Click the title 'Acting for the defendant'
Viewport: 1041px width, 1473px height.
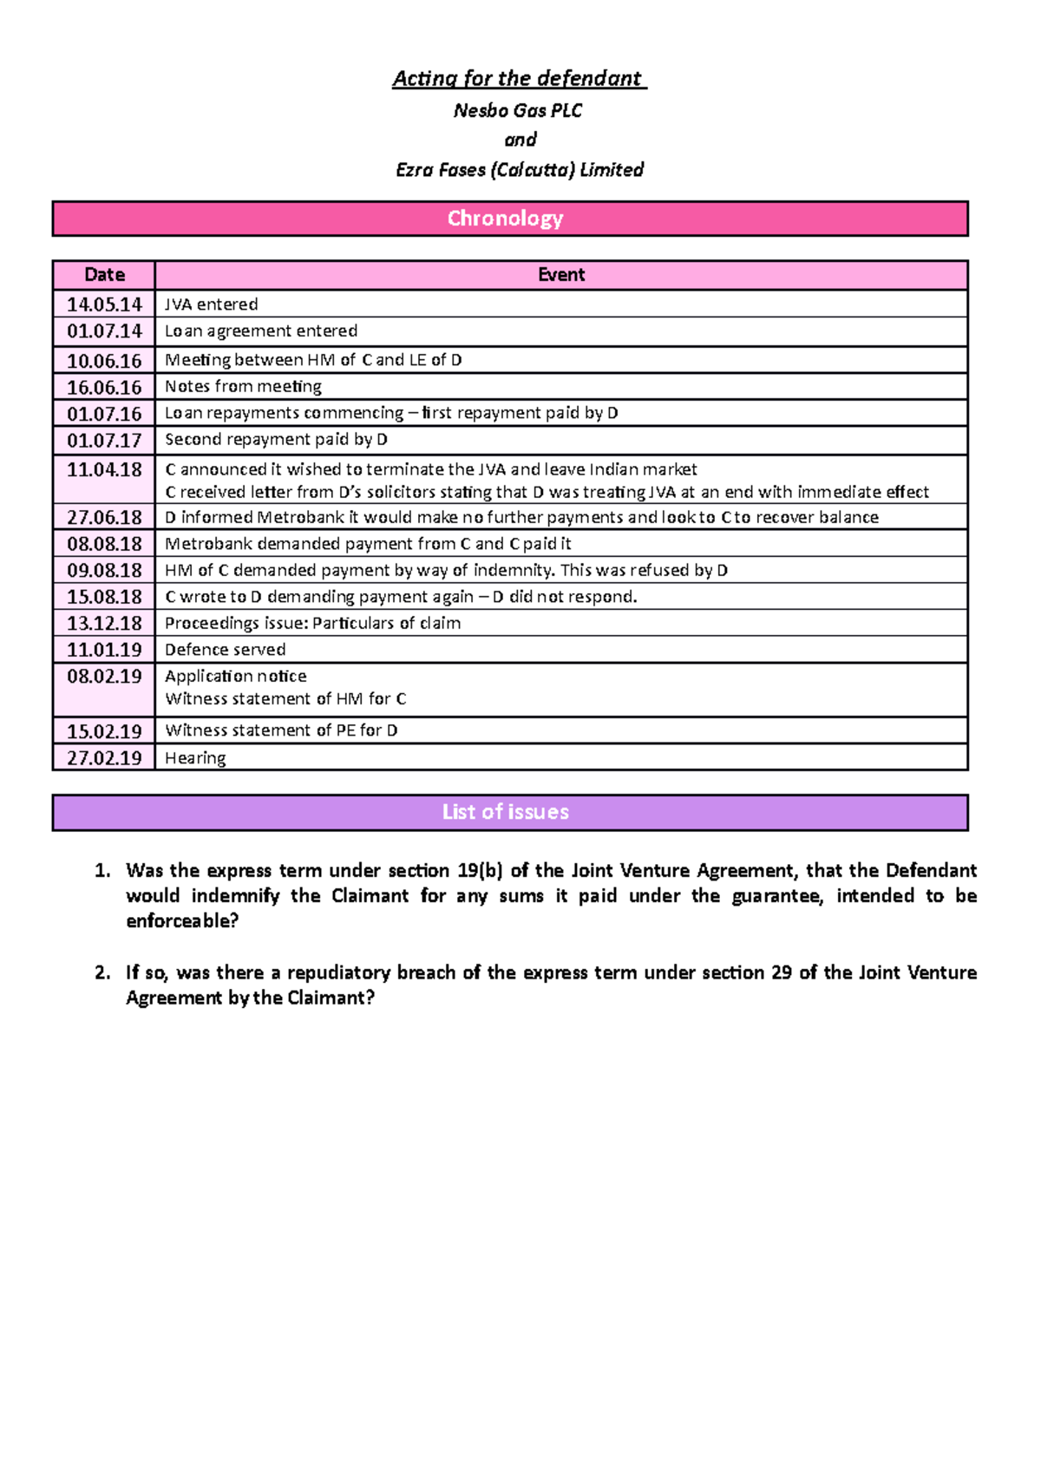click(x=519, y=79)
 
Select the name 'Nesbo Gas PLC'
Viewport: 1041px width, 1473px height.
click(x=518, y=110)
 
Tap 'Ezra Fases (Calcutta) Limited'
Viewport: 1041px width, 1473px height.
click(x=519, y=170)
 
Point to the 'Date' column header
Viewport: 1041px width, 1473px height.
click(x=104, y=275)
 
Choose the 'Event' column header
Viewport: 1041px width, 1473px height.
click(x=561, y=275)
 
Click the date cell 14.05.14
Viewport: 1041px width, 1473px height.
click(x=104, y=304)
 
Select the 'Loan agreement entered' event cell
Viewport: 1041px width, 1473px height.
click(x=261, y=331)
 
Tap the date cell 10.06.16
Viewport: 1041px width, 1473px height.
click(x=104, y=361)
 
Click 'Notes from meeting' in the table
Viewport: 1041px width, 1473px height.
click(x=243, y=387)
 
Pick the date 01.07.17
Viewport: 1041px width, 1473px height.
click(x=104, y=441)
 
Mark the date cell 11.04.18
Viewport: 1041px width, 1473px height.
click(x=104, y=470)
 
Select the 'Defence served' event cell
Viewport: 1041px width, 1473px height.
click(x=225, y=650)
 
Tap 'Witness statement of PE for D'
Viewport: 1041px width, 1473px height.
click(x=281, y=730)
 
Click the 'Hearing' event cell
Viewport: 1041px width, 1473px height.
click(x=195, y=758)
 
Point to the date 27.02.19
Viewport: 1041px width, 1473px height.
click(x=104, y=758)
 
